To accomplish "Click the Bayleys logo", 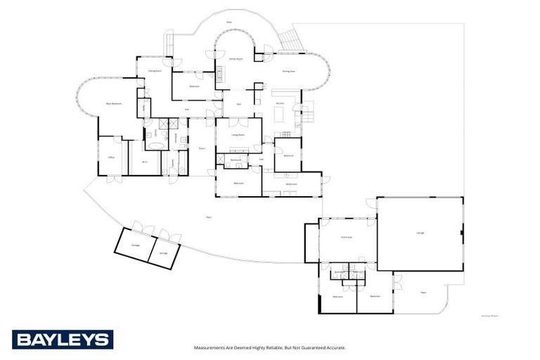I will click(62, 340).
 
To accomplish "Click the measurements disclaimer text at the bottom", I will click(270, 347).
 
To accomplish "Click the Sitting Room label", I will click(155, 70).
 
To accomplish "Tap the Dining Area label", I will click(289, 71).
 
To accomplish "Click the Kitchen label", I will click(280, 103).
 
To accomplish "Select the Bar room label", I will click(238, 103).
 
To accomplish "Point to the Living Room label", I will click(238, 134).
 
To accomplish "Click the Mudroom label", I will click(292, 184).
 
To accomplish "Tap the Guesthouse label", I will click(347, 237).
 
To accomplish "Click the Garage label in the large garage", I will click(420, 233).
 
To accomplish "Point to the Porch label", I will click(201, 148).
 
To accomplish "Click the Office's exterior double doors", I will click(111, 179).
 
